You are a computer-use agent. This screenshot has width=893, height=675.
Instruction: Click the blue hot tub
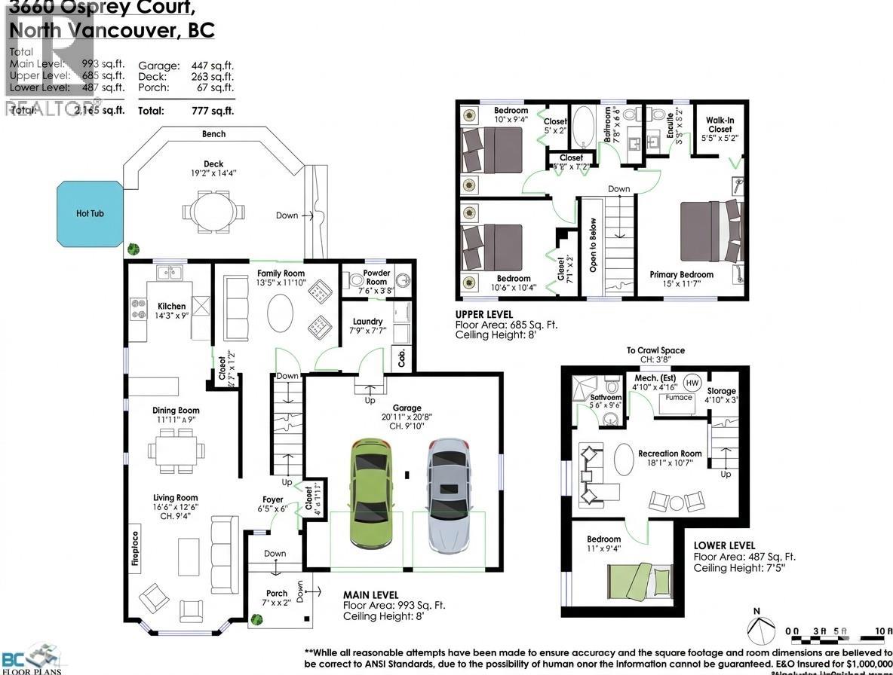[89, 213]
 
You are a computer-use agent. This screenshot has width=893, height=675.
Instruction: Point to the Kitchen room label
[171, 306]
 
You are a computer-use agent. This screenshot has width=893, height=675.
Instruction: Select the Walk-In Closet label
[719, 124]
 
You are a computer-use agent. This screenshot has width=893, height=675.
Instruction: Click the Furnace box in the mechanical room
[679, 398]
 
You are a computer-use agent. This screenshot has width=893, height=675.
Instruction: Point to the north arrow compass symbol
[760, 628]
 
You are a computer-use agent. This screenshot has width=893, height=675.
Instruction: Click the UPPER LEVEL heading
[483, 314]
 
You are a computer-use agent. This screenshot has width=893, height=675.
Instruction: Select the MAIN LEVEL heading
[370, 594]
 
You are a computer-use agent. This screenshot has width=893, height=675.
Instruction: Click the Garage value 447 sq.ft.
[213, 66]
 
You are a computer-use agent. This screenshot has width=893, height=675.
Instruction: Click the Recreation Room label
[670, 454]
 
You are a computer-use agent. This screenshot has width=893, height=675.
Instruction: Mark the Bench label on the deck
[213, 134]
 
